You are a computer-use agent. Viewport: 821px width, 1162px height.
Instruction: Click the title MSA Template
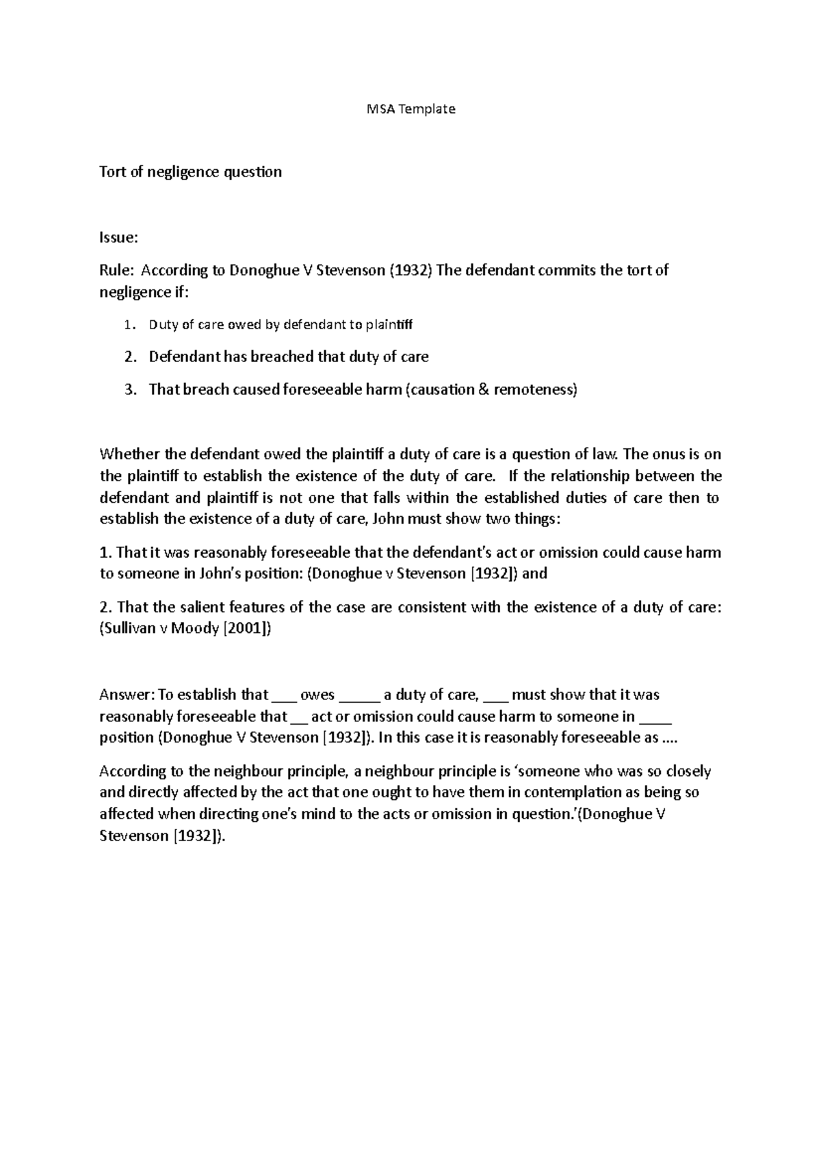click(410, 109)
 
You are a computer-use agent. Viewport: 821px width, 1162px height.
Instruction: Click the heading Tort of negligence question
click(190, 172)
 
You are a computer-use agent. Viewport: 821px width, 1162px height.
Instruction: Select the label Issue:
click(118, 237)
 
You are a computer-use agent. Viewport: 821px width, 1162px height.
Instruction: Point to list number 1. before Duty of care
click(131, 325)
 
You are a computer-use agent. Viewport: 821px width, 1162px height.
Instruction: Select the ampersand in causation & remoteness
click(483, 390)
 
